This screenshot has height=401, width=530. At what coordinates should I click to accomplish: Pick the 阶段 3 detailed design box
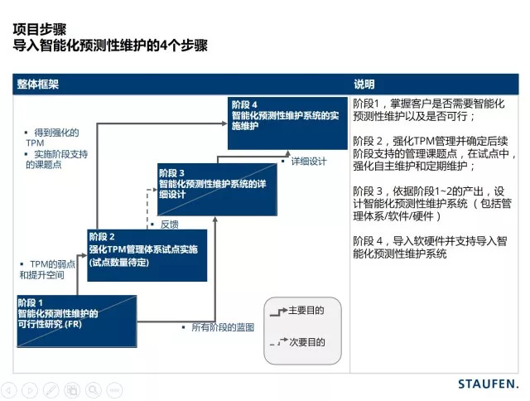coord(211,183)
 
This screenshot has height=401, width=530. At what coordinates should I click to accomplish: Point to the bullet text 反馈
coord(169,224)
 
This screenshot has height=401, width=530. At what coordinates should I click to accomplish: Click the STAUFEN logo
coord(488,384)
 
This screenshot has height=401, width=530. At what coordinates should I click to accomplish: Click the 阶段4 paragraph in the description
coord(434,247)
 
